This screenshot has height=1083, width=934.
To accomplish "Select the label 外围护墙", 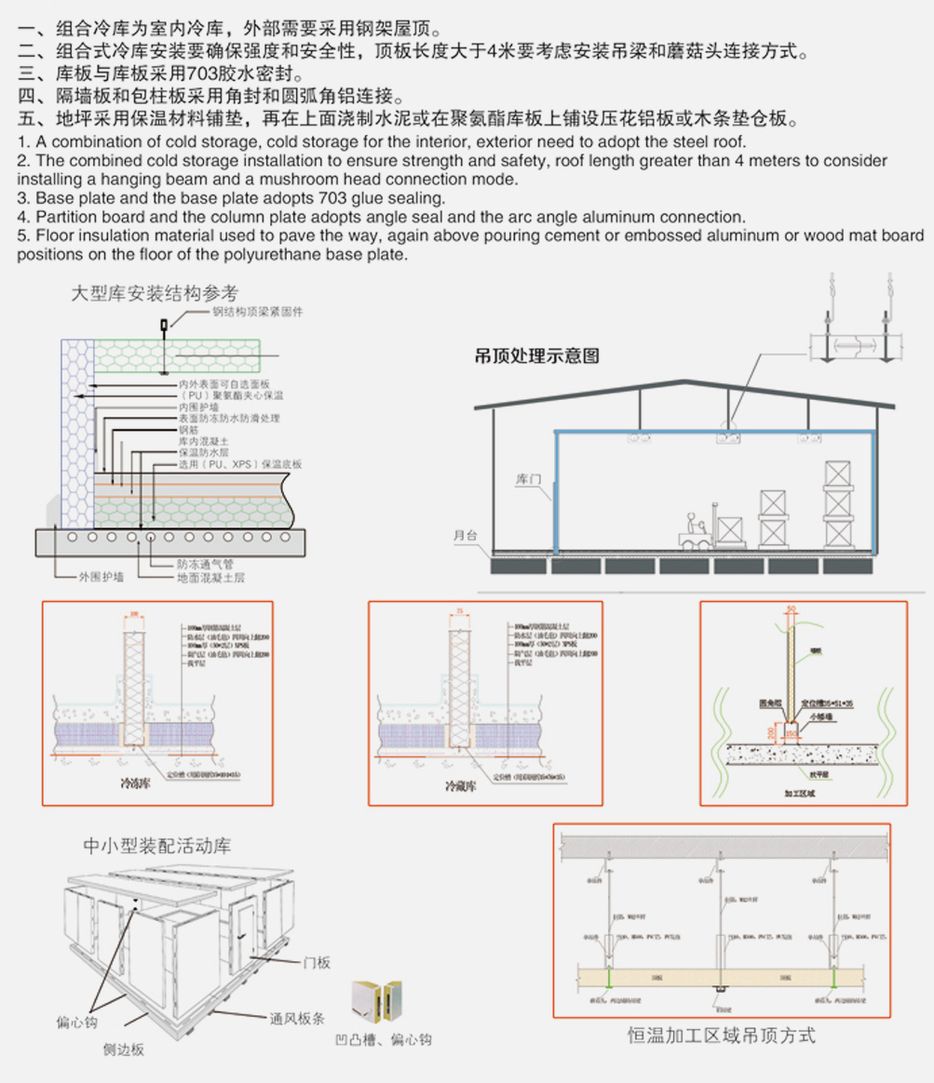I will (101, 578).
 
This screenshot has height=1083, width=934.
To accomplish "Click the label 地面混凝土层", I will (211, 578).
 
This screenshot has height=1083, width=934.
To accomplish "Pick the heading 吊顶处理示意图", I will (536, 355).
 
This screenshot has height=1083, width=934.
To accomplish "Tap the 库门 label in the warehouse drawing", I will (528, 480).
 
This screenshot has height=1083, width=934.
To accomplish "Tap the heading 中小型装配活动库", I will (157, 847).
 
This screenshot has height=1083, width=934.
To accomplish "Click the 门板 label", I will (317, 963).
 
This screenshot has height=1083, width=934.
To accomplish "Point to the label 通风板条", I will (297, 1017).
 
